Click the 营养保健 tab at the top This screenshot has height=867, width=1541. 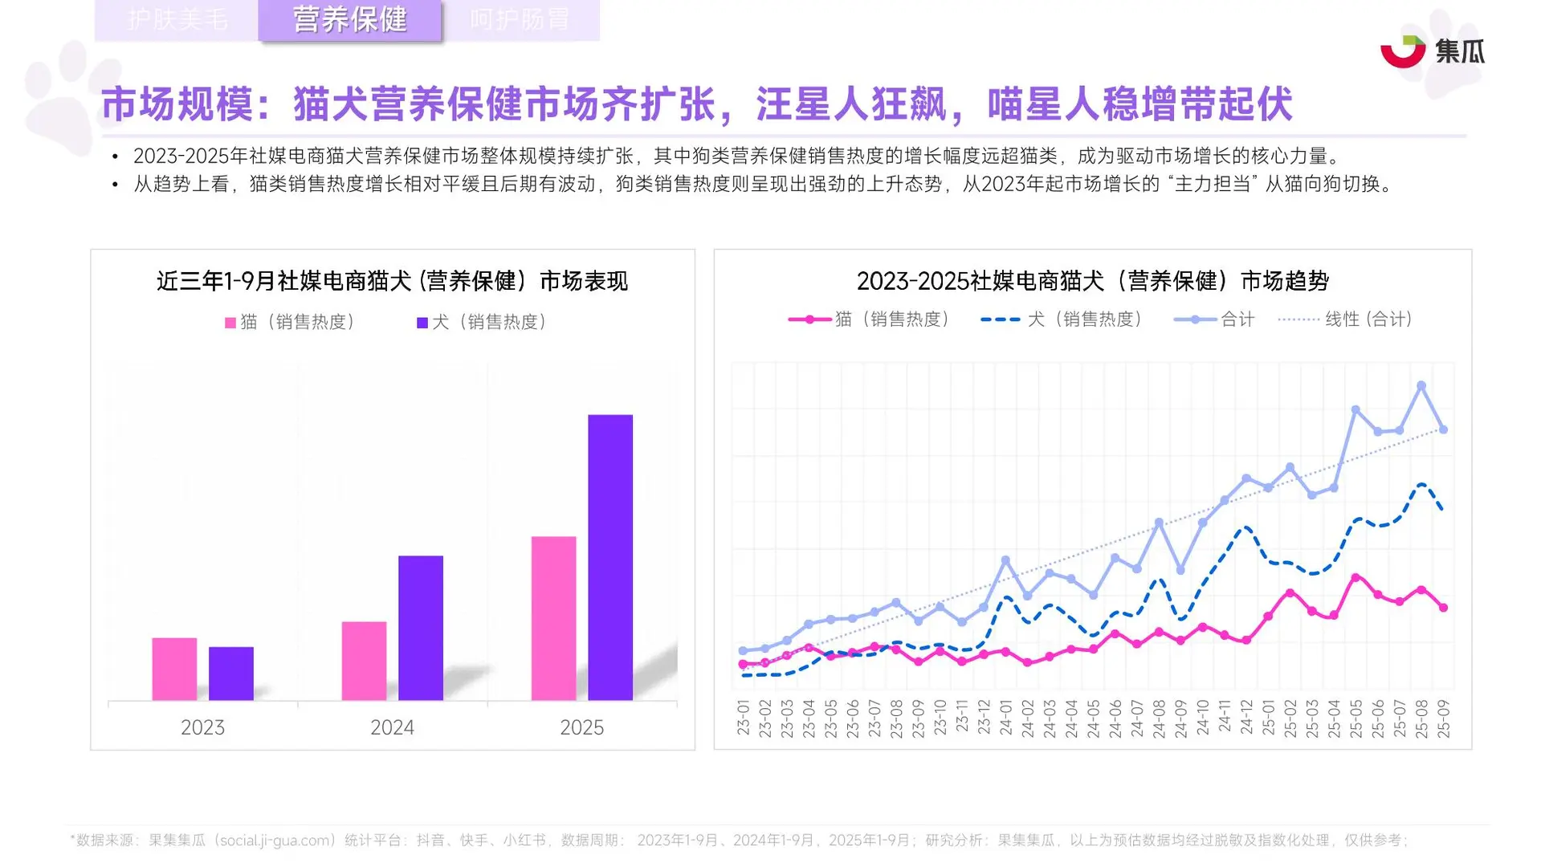(349, 20)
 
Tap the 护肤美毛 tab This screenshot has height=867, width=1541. (177, 20)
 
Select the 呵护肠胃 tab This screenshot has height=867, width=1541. (520, 20)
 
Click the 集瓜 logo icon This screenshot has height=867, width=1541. (1402, 51)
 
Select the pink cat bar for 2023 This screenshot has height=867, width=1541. (174, 669)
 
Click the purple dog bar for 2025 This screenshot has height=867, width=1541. (610, 557)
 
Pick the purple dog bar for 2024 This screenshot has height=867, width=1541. (421, 627)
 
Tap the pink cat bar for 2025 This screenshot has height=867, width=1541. (553, 617)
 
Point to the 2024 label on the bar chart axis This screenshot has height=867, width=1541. (392, 727)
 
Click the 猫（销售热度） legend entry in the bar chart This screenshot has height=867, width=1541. (290, 322)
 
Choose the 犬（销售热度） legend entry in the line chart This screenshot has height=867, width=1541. (1062, 320)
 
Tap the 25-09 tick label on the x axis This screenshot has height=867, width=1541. (1443, 718)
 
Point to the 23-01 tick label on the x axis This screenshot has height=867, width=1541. (744, 718)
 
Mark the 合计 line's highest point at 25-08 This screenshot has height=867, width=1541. (1421, 386)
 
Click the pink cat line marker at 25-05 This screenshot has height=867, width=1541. (1356, 578)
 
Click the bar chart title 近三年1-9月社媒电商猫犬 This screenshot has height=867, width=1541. (392, 281)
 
